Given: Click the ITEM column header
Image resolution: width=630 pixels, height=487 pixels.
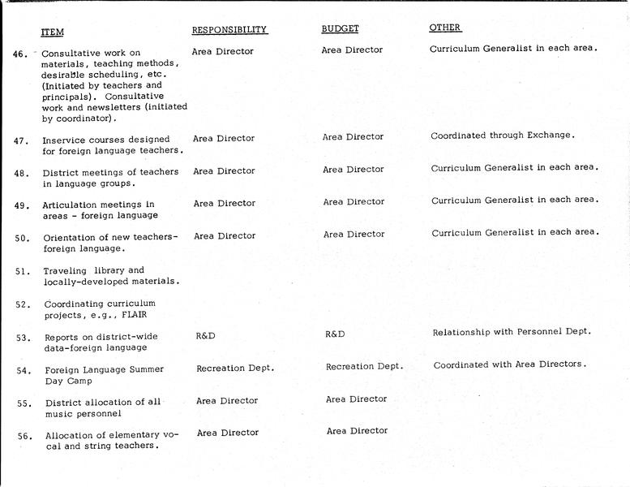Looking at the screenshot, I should (x=53, y=32).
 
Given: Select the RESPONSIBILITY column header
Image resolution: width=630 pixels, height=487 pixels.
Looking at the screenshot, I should (x=229, y=30).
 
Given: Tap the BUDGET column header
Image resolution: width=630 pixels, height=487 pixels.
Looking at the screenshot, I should (x=341, y=29).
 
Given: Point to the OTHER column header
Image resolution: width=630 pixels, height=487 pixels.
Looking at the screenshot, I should (x=445, y=28).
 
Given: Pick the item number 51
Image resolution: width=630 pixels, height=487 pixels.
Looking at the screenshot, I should (x=23, y=271).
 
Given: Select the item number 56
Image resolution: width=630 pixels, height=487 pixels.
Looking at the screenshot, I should (x=25, y=436).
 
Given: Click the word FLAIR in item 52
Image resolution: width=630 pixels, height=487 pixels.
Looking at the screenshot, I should (x=136, y=315).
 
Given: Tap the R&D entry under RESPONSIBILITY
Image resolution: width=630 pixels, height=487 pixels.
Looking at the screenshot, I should (x=206, y=334).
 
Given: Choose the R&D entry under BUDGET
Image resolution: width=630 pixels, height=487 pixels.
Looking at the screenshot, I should (x=335, y=334).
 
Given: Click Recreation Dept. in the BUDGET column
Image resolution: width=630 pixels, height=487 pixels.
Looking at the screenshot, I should (x=364, y=367).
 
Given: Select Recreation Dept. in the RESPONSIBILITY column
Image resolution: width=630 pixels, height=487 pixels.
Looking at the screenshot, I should (x=235, y=368).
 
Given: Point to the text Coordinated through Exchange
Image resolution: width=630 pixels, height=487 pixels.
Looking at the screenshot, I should (x=503, y=136).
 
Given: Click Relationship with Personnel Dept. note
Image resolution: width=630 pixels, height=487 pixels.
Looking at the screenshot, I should (x=512, y=332).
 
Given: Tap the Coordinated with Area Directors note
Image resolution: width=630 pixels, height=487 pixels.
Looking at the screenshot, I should (x=509, y=365).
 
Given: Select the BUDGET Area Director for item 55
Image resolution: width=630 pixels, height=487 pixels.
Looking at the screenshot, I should (x=357, y=399).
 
